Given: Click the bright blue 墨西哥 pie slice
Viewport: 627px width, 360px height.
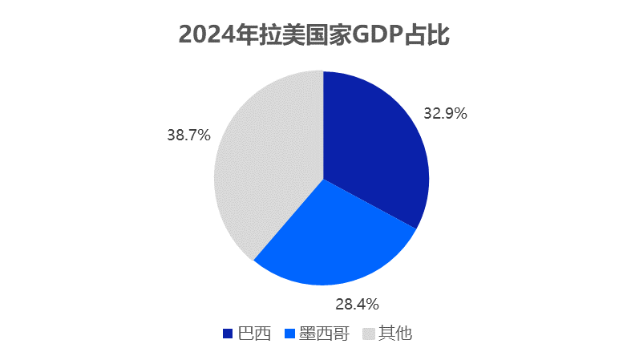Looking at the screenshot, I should click(333, 237).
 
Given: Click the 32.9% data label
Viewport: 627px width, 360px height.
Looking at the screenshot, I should click(446, 114).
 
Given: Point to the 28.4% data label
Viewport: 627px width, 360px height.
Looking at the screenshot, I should click(357, 304).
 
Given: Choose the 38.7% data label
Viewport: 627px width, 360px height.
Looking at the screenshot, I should click(188, 136).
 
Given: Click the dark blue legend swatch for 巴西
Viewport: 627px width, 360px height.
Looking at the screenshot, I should click(228, 334).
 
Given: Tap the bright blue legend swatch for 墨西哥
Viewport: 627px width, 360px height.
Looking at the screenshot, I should click(290, 334).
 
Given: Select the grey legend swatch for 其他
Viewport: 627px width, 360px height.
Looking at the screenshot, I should click(370, 334).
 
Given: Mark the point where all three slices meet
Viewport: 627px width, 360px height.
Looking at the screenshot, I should click(322, 178).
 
